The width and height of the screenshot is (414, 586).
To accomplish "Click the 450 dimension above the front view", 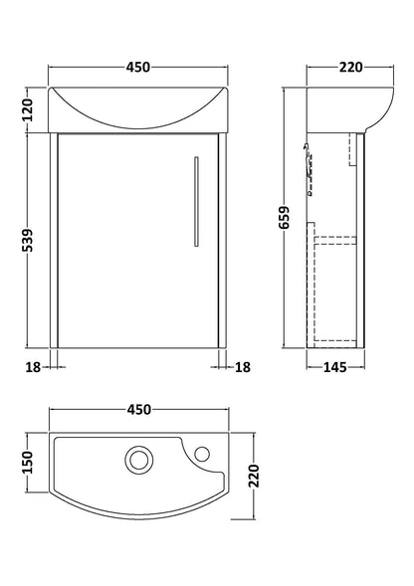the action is click(x=138, y=68).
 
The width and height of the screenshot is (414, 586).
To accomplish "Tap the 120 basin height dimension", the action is click(x=28, y=109).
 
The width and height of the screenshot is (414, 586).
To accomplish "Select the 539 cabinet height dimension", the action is click(x=28, y=240).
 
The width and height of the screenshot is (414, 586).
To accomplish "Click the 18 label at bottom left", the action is click(x=33, y=367).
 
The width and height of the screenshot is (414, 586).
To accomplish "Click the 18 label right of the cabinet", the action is click(x=243, y=367).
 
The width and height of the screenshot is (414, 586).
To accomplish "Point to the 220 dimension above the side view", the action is click(x=350, y=68).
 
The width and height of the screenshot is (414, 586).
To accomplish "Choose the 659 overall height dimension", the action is click(x=285, y=218).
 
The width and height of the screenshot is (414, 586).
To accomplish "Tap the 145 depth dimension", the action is click(x=334, y=368).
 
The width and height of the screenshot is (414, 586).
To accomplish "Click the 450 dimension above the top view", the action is click(x=139, y=410).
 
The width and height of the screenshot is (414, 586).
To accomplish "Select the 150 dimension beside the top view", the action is click(x=28, y=462).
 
